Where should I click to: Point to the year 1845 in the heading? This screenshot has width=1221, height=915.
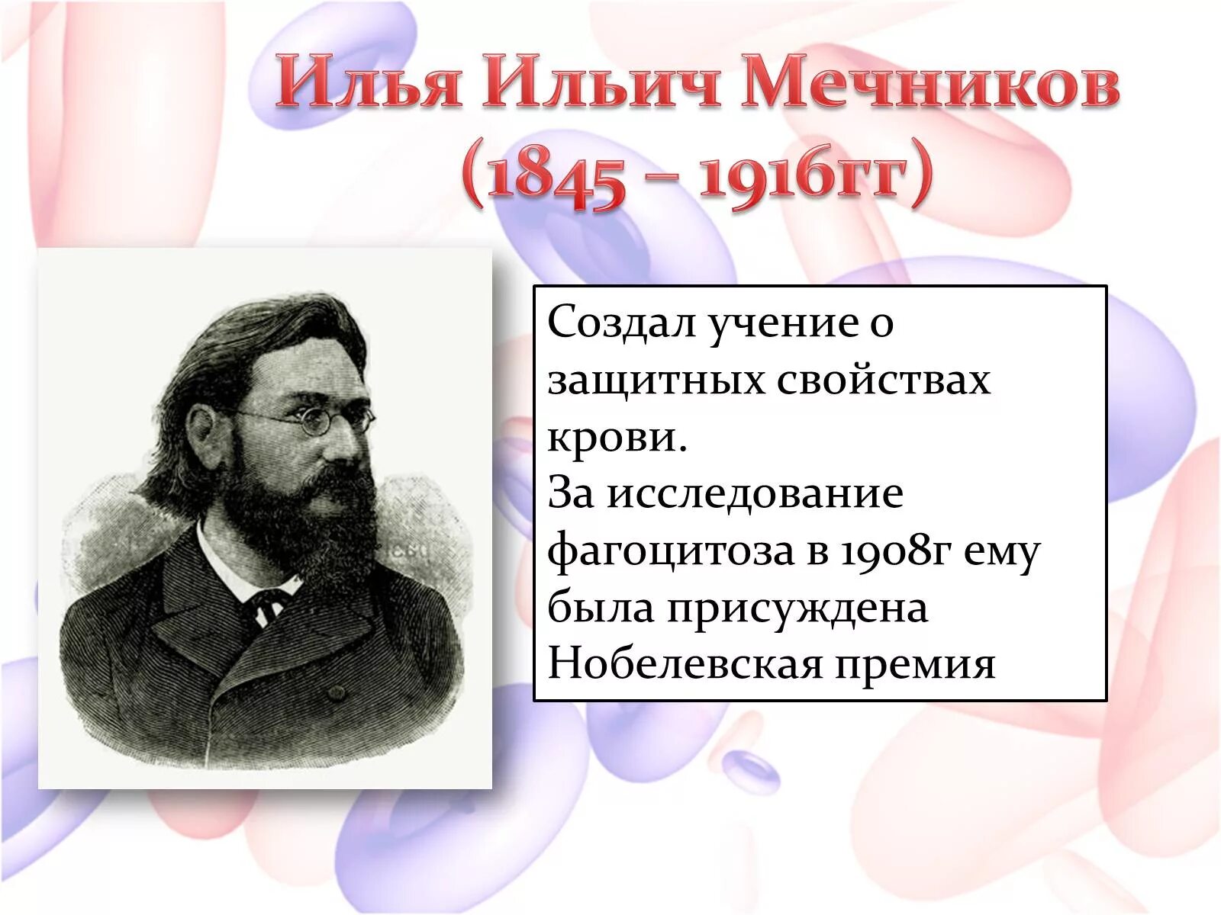(x=555, y=181)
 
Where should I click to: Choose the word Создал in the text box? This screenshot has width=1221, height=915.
(x=621, y=323)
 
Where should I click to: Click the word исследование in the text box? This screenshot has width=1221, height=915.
(x=755, y=493)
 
